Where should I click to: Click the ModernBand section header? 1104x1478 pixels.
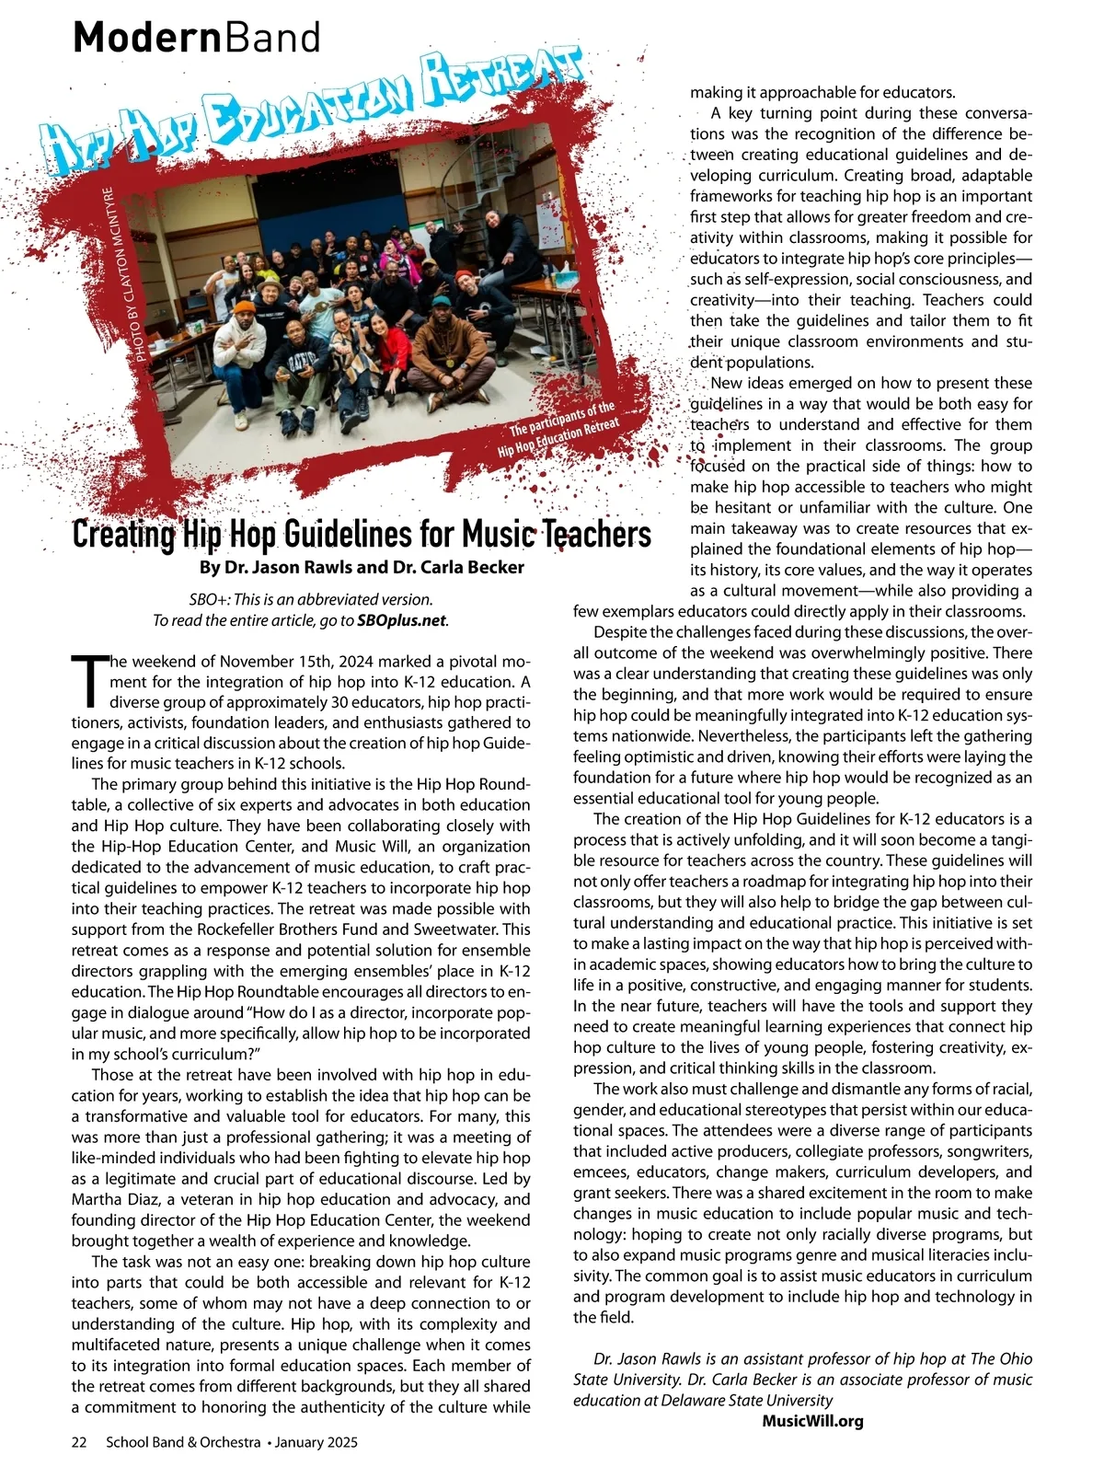(x=197, y=39)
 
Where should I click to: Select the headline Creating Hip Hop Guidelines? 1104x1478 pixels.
(x=361, y=534)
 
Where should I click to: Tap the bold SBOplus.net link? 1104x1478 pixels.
(x=401, y=620)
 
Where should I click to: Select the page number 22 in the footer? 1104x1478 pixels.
(x=79, y=1443)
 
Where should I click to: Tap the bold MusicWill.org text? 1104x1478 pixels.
(x=812, y=1421)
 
